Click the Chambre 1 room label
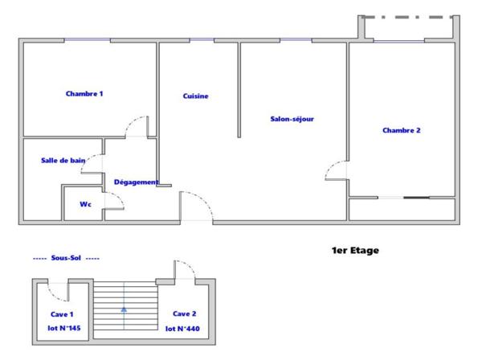point(84,94)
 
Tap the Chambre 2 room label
point(401,130)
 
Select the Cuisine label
point(195,96)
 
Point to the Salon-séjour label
point(292,119)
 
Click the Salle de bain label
point(63,161)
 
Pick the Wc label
point(84,204)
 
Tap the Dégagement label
point(136,182)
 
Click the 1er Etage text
point(354,251)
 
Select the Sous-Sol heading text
point(66,259)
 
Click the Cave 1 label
point(61,314)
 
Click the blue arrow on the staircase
point(124,308)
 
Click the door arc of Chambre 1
point(138,125)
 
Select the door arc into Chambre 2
point(335,170)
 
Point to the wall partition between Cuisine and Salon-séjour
point(239,90)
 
